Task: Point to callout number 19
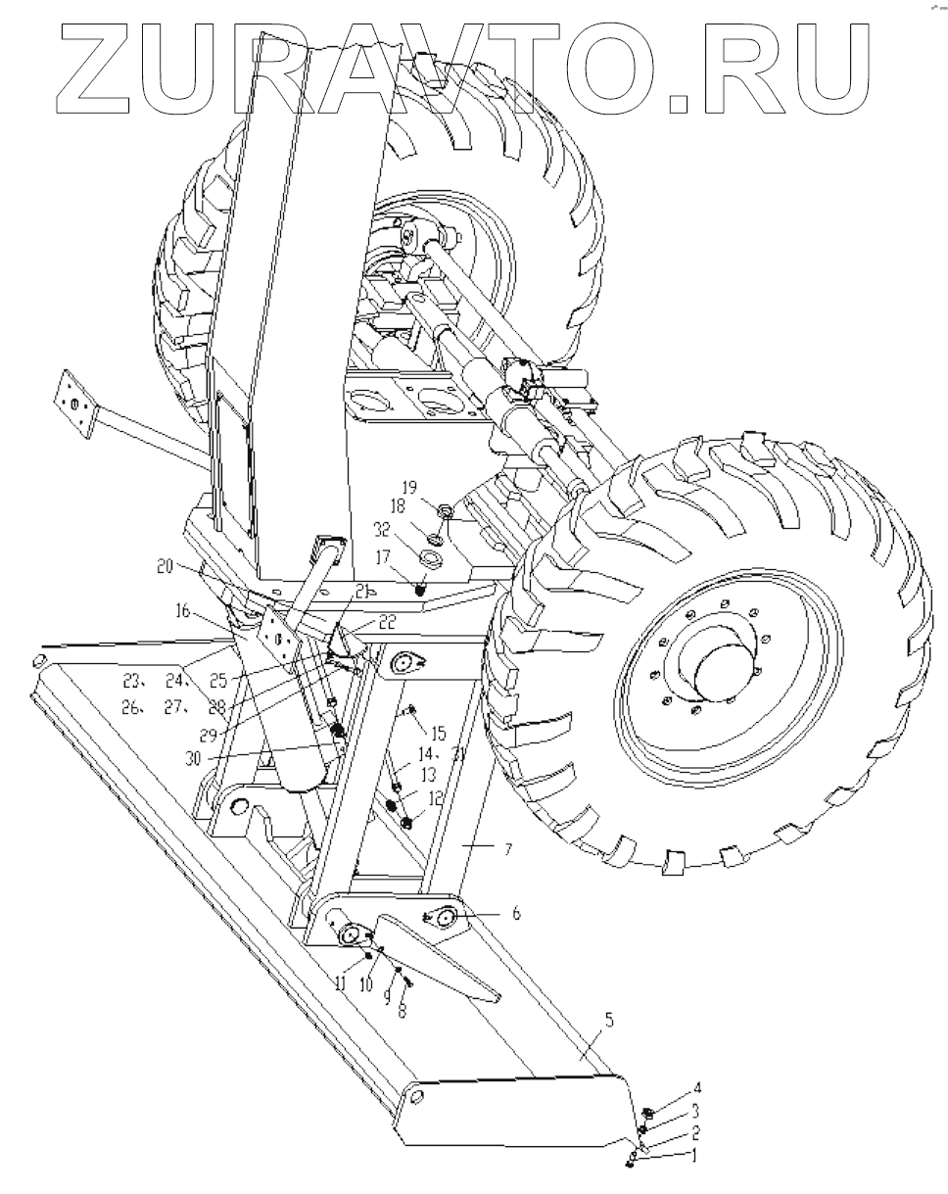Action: pyautogui.click(x=409, y=488)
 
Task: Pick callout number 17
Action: pyautogui.click(x=383, y=556)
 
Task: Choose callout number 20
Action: pyautogui.click(x=166, y=567)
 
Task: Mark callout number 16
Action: pyautogui.click(x=182, y=611)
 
